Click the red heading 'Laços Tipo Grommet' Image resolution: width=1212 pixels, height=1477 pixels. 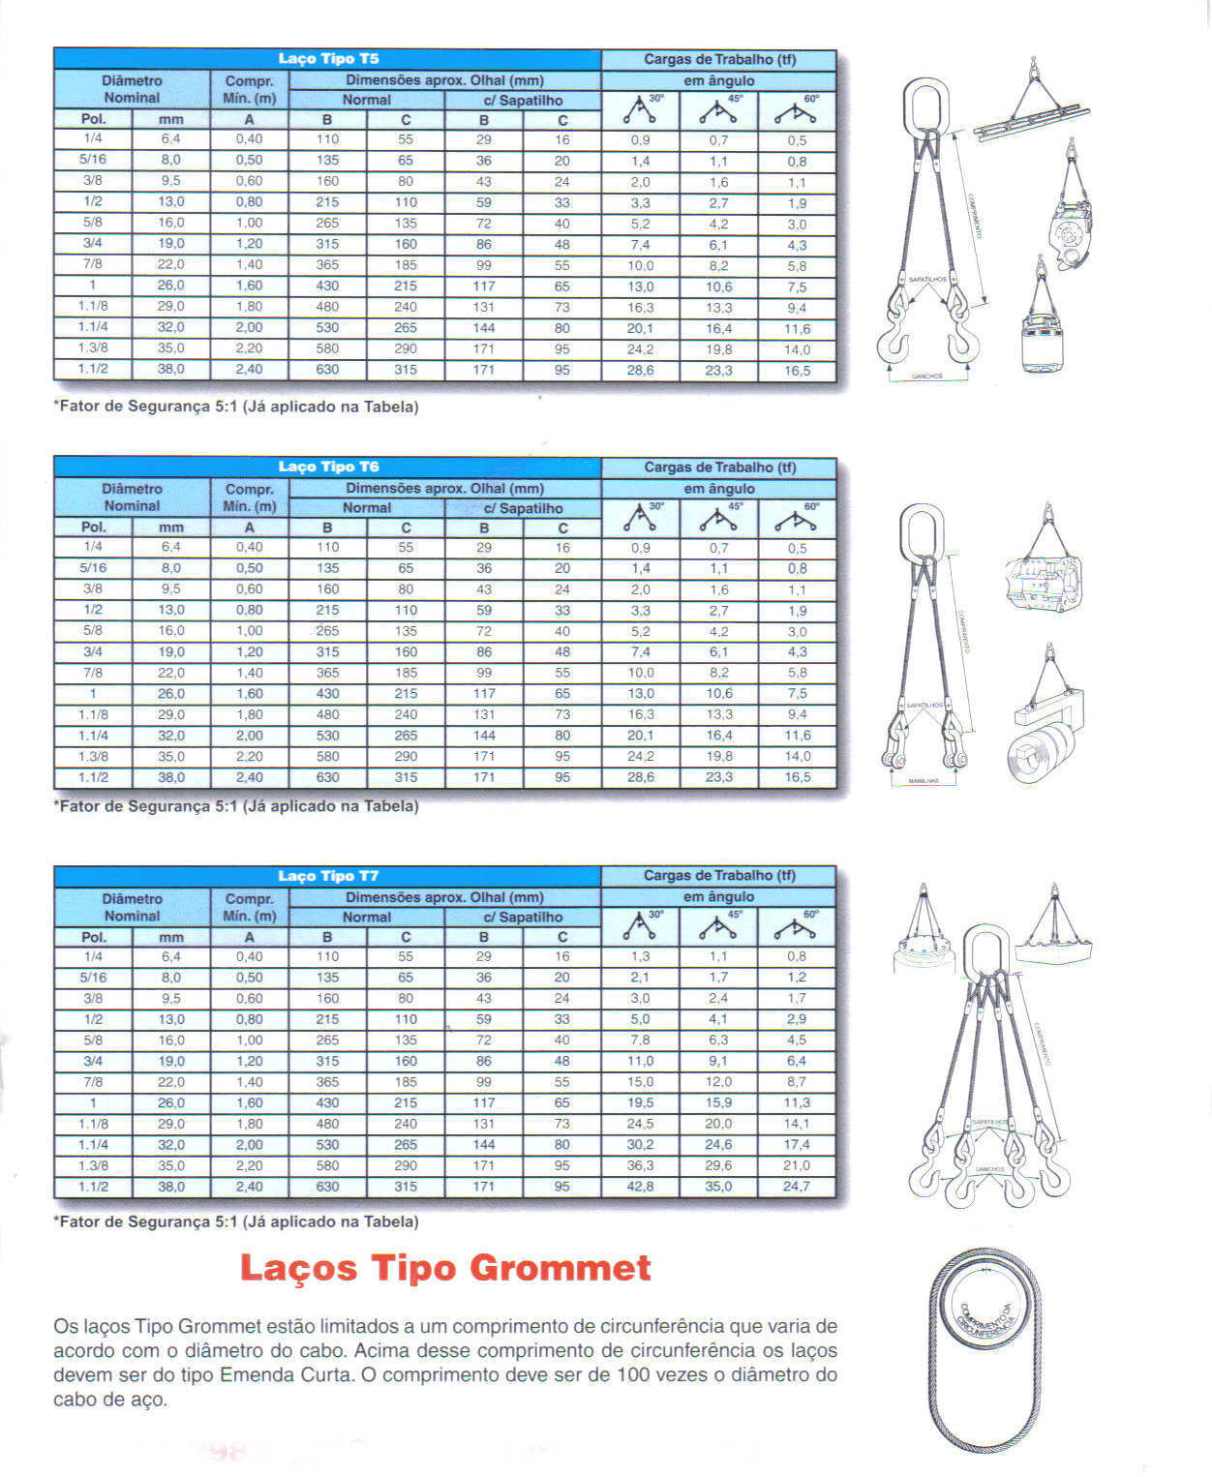(x=445, y=1268)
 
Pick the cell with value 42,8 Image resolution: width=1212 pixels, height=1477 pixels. (x=640, y=1187)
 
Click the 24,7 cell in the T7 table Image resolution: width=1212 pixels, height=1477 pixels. (x=797, y=1187)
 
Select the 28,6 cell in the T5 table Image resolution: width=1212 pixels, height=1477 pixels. (x=640, y=370)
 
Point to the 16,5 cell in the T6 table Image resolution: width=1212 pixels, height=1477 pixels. (x=797, y=777)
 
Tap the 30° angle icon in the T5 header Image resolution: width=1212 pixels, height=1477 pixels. (x=640, y=110)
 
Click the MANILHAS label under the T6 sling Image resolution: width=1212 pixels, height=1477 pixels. (x=924, y=781)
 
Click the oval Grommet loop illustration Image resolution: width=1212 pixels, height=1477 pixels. (x=985, y=1350)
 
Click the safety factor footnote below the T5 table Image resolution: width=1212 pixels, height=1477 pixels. (x=236, y=407)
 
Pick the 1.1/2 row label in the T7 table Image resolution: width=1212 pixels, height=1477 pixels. (x=93, y=1187)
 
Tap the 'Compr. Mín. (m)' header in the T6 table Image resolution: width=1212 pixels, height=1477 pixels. (x=249, y=497)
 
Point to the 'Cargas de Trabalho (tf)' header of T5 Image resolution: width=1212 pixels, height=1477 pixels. (x=719, y=60)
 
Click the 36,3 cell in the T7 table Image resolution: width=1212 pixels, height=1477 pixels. (x=640, y=1165)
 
